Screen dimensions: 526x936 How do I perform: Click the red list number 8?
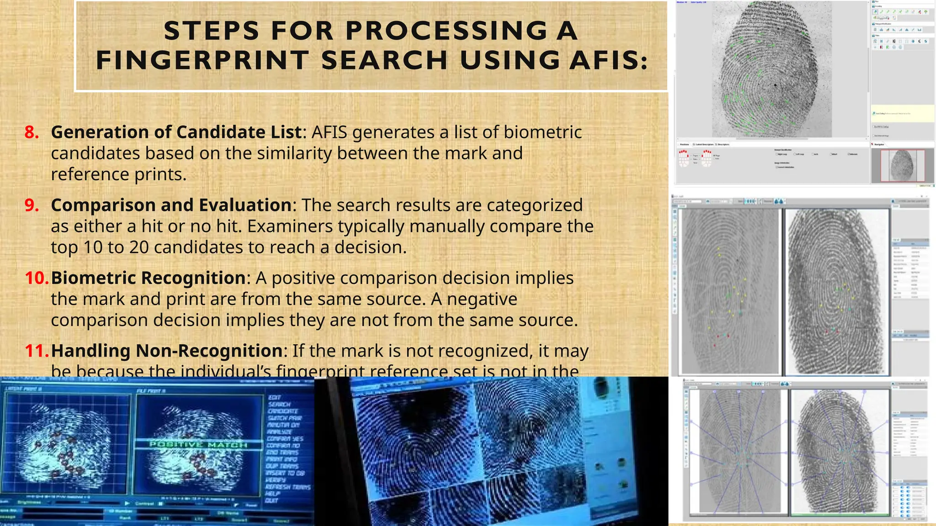32,132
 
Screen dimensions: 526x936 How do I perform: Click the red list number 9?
32,205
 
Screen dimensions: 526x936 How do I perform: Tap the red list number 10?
37,278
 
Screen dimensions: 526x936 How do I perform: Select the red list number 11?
37,351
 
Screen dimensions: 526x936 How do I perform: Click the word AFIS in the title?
607,60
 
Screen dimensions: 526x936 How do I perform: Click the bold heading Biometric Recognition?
149,278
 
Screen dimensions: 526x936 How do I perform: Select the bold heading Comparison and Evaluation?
171,205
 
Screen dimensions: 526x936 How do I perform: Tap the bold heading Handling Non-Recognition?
167,351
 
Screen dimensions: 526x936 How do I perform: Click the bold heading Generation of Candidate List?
176,132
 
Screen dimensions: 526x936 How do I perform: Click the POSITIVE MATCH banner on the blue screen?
198,444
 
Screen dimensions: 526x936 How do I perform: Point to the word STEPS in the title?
211,31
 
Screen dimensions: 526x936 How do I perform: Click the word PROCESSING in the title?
446,31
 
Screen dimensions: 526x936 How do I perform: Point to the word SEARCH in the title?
384,60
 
